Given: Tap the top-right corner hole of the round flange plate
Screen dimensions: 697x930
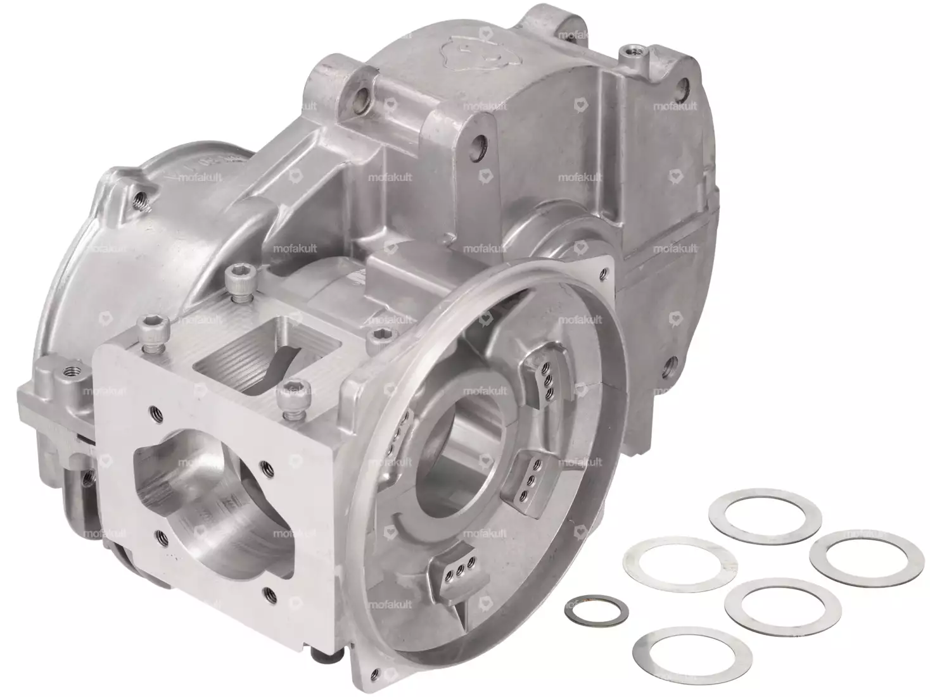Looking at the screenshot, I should point(602,273).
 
